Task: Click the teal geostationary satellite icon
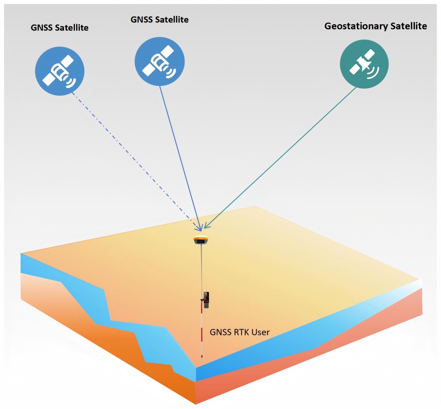coord(364,64)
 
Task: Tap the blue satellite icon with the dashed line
coord(60,70)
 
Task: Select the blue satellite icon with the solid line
coord(159,59)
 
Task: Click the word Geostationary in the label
coord(356,26)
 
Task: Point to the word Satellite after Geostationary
coord(408,26)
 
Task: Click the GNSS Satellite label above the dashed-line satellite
coord(60,27)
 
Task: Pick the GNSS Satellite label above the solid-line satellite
coord(160,20)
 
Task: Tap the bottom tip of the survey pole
coord(202,357)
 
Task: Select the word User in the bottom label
coord(260,332)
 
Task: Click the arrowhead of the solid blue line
coord(201,228)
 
